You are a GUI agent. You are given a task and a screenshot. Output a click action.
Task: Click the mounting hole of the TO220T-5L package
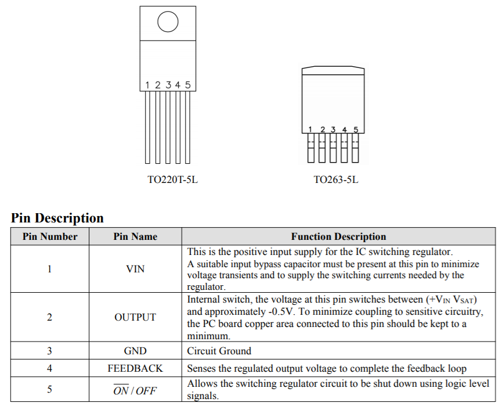pyautogui.click(x=167, y=22)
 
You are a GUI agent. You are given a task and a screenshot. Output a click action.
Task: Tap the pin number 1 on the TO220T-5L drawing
pyautogui.click(x=147, y=85)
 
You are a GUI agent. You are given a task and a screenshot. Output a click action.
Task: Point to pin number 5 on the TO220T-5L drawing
pyautogui.click(x=187, y=85)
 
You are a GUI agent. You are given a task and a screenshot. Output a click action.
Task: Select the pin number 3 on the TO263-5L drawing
pyautogui.click(x=333, y=129)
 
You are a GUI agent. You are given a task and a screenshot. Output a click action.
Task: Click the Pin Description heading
pyautogui.click(x=57, y=218)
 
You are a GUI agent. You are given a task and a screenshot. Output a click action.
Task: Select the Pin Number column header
pyautogui.click(x=50, y=236)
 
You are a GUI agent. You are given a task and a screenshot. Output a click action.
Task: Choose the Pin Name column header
pyautogui.click(x=135, y=236)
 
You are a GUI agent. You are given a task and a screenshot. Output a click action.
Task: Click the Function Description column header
pyautogui.click(x=338, y=236)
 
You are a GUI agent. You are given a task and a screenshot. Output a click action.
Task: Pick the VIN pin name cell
pyautogui.click(x=135, y=269)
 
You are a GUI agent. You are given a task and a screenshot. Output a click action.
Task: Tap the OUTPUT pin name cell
pyautogui.click(x=135, y=317)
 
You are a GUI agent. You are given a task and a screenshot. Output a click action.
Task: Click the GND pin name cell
pyautogui.click(x=135, y=351)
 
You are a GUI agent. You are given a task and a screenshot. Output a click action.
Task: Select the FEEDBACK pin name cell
pyautogui.click(x=135, y=368)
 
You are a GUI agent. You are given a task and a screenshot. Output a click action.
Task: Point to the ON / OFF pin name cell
pyautogui.click(x=135, y=390)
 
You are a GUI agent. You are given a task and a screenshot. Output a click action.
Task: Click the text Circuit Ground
pyautogui.click(x=219, y=351)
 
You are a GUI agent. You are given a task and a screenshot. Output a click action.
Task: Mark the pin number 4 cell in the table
pyautogui.click(x=50, y=368)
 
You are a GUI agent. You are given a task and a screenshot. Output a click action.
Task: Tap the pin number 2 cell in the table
pyautogui.click(x=50, y=317)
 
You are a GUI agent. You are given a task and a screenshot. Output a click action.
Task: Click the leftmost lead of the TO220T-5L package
pyautogui.click(x=147, y=128)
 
